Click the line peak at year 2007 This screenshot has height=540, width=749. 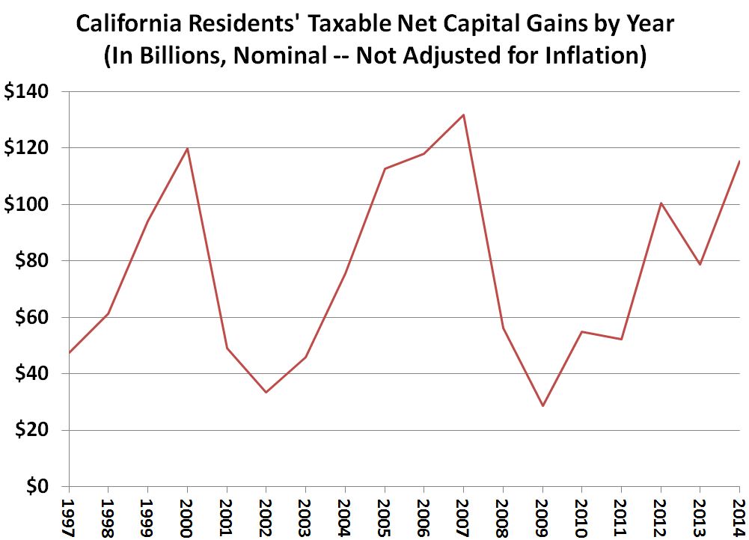[x=463, y=114]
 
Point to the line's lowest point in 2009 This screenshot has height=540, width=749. [x=542, y=406]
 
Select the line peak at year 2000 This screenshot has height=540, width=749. [x=187, y=148]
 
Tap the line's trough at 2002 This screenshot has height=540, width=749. [x=266, y=392]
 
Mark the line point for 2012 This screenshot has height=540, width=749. [x=661, y=203]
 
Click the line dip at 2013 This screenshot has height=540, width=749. [x=700, y=264]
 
